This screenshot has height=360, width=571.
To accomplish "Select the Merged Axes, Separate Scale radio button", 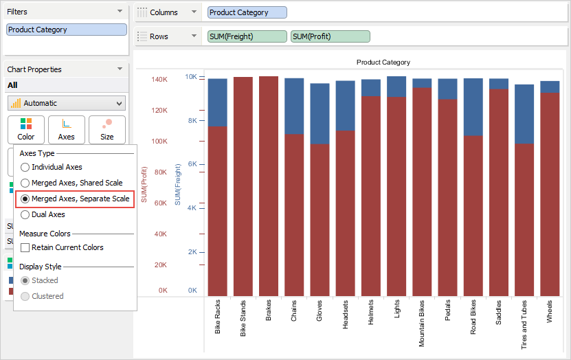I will [25, 199].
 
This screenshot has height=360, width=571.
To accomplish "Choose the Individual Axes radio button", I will [25, 167].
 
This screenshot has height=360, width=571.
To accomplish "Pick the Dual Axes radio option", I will [25, 214].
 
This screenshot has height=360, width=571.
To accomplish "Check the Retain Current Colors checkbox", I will [25, 247].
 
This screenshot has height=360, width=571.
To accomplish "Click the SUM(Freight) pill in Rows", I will [247, 36].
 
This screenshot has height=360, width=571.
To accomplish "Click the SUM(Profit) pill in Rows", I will [330, 36].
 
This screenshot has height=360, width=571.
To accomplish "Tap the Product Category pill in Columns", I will [247, 12].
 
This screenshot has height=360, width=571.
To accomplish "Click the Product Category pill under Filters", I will [67, 30].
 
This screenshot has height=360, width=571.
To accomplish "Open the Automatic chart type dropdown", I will [67, 103].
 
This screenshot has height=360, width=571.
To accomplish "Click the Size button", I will [107, 129].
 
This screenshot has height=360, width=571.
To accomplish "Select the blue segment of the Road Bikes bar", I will [473, 106].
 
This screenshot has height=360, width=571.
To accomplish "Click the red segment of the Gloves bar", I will [320, 220].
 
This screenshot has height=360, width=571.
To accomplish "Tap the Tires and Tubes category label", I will [524, 325].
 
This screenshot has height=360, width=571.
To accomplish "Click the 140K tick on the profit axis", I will [159, 80].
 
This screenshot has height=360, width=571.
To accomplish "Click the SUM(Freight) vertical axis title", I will [177, 184].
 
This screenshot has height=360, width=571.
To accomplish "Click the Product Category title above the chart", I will [383, 63].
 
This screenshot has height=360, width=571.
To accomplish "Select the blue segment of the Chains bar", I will [294, 106].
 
